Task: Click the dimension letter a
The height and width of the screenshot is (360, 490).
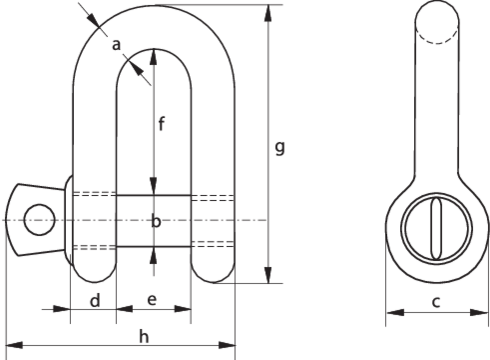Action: pos(117,44)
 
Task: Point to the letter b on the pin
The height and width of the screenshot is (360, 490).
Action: pos(155,220)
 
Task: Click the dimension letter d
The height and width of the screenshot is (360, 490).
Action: pos(92,299)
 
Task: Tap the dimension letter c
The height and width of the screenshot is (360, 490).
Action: pos(436,299)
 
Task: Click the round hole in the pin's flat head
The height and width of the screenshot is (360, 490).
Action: pos(39,219)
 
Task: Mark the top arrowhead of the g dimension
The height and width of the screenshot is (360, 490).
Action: pos(267,12)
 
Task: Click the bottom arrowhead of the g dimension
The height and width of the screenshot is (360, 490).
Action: pos(267,277)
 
